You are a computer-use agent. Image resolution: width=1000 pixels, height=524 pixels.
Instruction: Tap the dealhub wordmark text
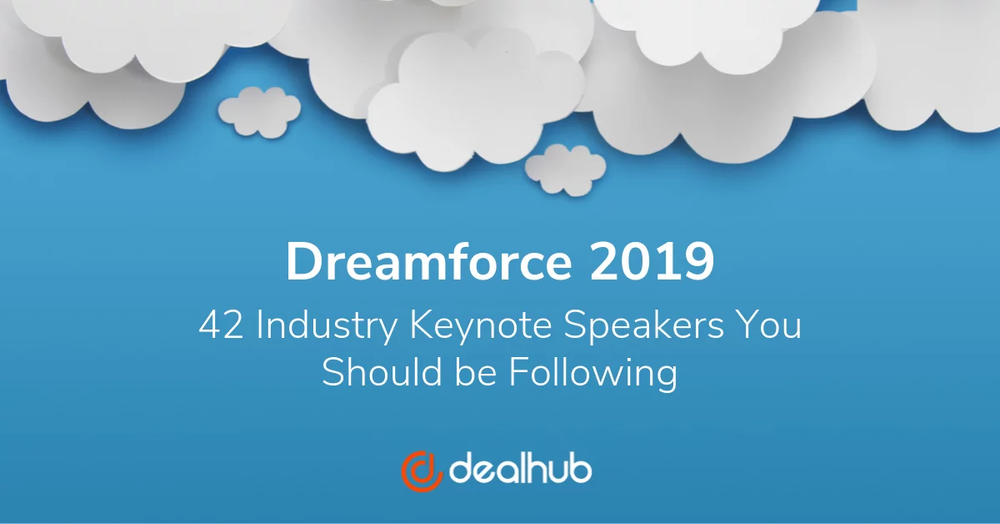click(x=521, y=470)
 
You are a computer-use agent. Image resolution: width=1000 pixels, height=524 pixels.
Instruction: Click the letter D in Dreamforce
click(x=302, y=263)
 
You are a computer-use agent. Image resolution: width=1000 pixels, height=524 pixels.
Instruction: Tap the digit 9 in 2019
click(x=699, y=263)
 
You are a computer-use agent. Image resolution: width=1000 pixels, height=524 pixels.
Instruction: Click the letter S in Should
click(x=332, y=372)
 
